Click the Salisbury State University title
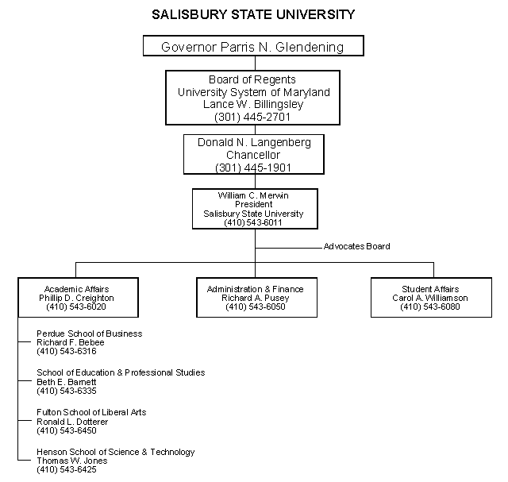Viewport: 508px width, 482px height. tap(253, 14)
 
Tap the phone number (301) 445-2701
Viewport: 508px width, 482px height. tap(252, 117)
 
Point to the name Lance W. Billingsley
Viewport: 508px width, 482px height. tap(253, 104)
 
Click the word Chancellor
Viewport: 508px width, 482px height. tap(253, 155)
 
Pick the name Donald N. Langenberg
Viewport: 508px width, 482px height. tap(254, 142)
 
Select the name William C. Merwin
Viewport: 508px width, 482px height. tap(253, 195)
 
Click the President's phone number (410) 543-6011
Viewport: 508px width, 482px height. tap(253, 222)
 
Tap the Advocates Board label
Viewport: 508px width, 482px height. tap(356, 246)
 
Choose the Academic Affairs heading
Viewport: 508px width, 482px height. tap(76, 289)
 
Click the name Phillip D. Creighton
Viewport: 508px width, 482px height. tap(76, 298)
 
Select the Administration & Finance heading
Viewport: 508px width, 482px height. tap(256, 289)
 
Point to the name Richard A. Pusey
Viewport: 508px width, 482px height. tap(256, 298)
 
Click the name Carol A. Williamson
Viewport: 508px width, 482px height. tap(430, 298)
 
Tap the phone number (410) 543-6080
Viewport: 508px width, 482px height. tap(430, 307)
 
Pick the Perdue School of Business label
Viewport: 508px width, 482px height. tap(90, 334)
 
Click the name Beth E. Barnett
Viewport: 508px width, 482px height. tap(67, 382)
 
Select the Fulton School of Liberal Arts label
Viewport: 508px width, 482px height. tap(91, 412)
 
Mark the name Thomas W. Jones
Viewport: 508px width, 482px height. tap(72, 461)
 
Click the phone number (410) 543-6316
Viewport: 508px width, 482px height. tap(67, 351)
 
